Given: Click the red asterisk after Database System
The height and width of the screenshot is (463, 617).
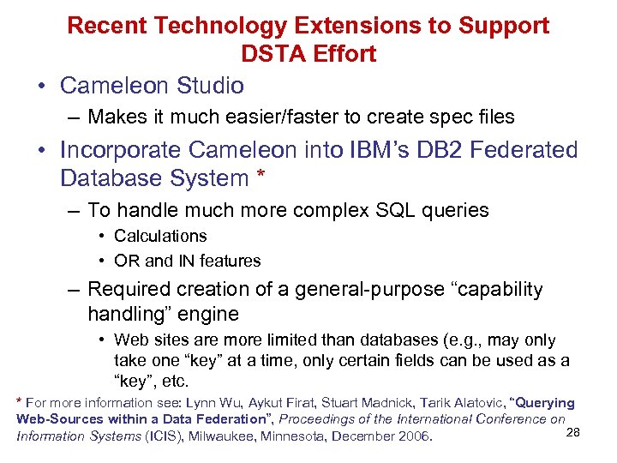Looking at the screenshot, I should (x=260, y=177).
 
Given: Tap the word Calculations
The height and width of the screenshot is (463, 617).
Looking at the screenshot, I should (x=160, y=236).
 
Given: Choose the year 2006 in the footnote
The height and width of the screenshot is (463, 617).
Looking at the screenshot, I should (x=412, y=437).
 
